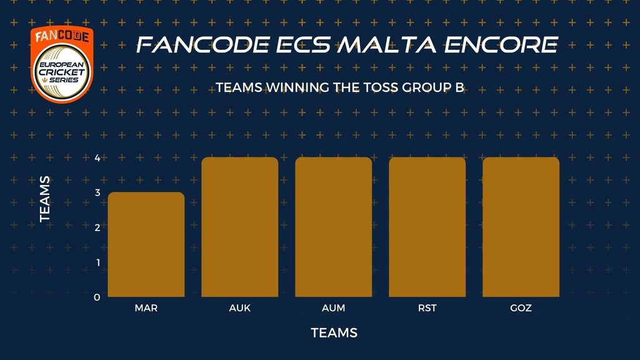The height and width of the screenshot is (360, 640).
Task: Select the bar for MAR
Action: pos(146,244)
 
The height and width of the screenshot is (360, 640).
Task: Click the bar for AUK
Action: pos(240,227)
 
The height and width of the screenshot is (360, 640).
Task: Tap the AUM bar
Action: pos(334,227)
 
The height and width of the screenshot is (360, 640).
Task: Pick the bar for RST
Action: pos(427,227)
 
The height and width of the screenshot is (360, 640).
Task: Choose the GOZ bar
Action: pos(521,227)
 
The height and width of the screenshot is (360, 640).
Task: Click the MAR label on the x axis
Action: pos(146,308)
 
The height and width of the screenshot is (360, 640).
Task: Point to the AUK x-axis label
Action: pos(240,308)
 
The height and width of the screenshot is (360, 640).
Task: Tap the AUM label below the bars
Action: pos(334,308)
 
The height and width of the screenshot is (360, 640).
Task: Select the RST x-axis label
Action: pos(427,308)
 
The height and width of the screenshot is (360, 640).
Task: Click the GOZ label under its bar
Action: pos(521,308)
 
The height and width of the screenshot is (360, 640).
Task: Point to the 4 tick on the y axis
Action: pos(97,157)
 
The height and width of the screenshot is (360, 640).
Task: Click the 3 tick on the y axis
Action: pos(97,192)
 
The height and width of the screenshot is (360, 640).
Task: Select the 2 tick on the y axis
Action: pos(97,227)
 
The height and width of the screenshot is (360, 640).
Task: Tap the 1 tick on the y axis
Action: pos(98,262)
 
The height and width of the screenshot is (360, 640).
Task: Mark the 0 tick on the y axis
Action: pos(97,297)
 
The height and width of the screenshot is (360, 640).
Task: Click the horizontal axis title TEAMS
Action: pos(334,333)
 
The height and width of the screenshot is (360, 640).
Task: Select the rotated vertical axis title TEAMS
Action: pos(45,199)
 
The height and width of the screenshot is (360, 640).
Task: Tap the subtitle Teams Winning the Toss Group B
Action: pos(340,87)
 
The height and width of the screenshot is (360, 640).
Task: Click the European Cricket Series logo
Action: pos(62,64)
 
